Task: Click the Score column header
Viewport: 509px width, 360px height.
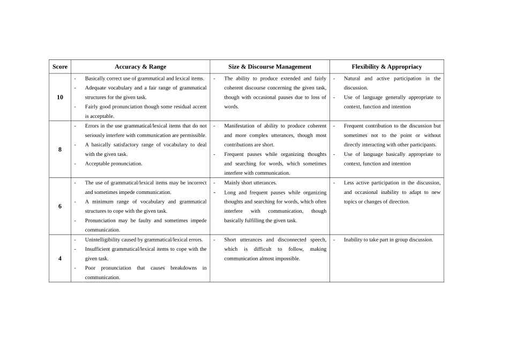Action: click(x=59, y=67)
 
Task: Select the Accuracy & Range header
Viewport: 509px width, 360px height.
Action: click(x=140, y=67)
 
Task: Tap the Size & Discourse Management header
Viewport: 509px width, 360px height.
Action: click(x=270, y=67)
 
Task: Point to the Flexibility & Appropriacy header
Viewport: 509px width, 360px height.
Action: click(x=386, y=67)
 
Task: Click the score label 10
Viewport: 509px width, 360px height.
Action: click(x=59, y=97)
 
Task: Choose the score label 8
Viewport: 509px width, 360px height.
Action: click(x=59, y=149)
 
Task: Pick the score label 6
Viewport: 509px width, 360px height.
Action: click(x=59, y=206)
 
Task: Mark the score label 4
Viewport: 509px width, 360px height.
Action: click(x=59, y=259)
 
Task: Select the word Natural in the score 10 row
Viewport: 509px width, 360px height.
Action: click(x=352, y=78)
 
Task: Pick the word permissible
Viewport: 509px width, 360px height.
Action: click(x=192, y=136)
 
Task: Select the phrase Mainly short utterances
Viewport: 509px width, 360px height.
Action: click(x=250, y=183)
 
